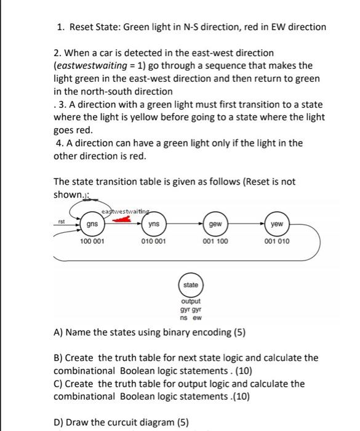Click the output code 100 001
point(92,241)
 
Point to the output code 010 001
point(153,241)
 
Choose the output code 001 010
point(277,241)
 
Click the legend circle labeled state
point(191,286)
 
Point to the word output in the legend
point(191,301)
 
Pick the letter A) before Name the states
point(59,332)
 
